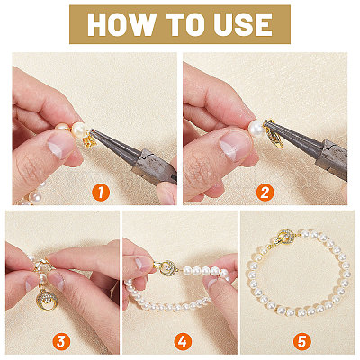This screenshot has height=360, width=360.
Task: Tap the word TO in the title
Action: tap(183, 24)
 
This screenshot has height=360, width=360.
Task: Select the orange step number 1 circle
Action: tap(101, 193)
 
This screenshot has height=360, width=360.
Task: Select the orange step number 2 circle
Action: tap(265, 193)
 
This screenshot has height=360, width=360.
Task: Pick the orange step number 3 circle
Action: tap(61, 341)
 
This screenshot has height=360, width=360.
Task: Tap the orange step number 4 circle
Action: tap(183, 341)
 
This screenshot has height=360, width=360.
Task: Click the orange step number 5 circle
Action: tap(301, 341)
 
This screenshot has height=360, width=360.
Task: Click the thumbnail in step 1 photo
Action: tap(61, 145)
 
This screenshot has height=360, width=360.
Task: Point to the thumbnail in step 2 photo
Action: tap(235, 146)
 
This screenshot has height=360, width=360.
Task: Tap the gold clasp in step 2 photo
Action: tap(274, 134)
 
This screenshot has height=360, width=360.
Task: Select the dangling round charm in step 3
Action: tap(47, 299)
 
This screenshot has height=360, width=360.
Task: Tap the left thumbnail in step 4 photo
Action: tap(142, 263)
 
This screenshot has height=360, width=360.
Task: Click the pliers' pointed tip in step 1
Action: tap(93, 130)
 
